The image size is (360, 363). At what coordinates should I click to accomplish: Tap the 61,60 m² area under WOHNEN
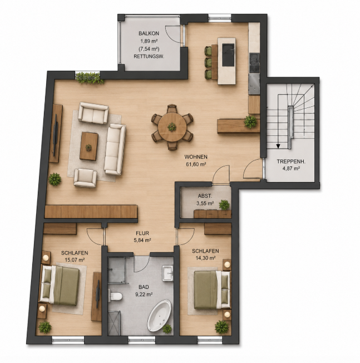[x=196, y=164]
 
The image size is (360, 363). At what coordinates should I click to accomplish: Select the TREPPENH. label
[x=291, y=161]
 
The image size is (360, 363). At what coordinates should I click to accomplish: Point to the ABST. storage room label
[x=205, y=196]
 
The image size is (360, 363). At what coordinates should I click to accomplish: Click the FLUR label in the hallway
[x=142, y=233]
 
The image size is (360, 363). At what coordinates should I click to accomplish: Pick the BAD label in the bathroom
[x=144, y=287]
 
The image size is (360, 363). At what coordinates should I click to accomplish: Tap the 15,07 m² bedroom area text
[x=75, y=260]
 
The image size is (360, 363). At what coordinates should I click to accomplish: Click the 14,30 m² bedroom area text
[x=206, y=258]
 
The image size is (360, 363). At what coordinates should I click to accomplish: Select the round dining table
[x=172, y=127]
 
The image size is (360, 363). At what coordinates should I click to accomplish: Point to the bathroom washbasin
[x=167, y=273]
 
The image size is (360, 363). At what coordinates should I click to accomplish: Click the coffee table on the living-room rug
[x=88, y=146]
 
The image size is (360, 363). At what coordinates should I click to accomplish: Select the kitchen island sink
[x=228, y=55]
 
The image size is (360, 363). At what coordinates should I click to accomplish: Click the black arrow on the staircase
[x=278, y=146]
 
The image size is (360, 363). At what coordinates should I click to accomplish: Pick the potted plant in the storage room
[x=224, y=205]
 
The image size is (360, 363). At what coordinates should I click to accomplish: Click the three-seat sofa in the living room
[x=115, y=149]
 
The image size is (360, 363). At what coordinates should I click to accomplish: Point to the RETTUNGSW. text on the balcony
[x=149, y=56]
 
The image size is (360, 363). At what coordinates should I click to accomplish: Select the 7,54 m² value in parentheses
[x=149, y=49]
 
